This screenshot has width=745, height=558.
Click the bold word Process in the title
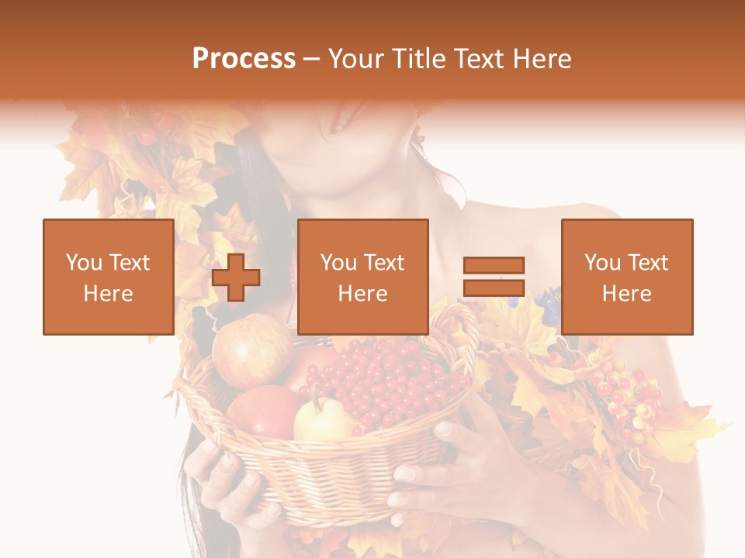tap(244, 59)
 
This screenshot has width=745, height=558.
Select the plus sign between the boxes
tap(236, 277)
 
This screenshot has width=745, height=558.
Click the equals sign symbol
tap(494, 277)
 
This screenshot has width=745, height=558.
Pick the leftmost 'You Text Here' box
tap(109, 277)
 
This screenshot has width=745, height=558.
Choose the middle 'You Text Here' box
tap(362, 277)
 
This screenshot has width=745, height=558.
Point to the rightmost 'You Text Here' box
tap(626, 277)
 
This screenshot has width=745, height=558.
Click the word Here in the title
tap(542, 59)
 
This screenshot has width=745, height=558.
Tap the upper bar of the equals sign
tap(494, 265)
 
